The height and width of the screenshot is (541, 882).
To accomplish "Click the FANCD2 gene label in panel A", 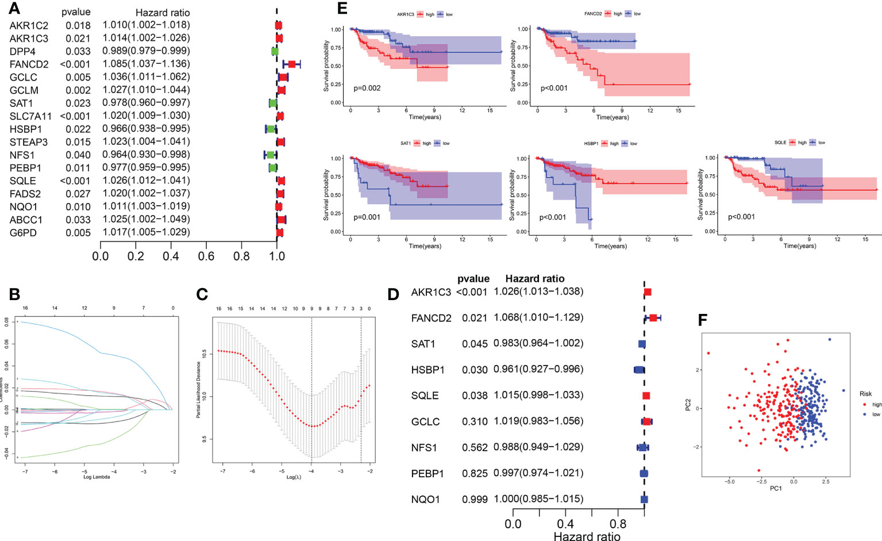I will pos(29,64).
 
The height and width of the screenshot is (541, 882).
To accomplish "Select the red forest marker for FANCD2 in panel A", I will pos(292,64).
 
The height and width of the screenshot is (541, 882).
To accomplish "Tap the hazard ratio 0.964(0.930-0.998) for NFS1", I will pos(146,154).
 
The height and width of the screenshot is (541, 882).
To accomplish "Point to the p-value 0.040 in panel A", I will pos(78,155).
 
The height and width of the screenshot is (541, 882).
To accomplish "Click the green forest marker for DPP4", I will pos(275,51).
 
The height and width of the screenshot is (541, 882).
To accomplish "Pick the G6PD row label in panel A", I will pos(23,233).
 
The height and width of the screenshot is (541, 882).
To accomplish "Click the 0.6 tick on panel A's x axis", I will pos(206,256).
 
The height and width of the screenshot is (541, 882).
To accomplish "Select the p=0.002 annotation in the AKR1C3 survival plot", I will pos(367,88).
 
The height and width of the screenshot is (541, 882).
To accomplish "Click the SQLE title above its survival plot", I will pos(780,143).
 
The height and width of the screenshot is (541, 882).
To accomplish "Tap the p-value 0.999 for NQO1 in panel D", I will pos(475,499).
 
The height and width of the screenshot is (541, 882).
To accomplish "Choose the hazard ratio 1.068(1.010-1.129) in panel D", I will pos(538,317).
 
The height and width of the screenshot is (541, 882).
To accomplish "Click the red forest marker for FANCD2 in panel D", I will pos(653,317).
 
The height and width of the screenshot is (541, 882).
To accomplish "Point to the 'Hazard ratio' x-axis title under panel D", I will pos(587,536).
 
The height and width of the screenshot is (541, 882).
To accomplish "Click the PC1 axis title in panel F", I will pos(776,488).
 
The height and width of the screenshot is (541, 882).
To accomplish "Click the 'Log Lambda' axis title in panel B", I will pos(97,477).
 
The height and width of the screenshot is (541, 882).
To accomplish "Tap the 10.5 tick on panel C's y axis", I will pos(205,352).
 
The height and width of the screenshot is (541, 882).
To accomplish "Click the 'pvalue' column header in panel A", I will pos(76,12).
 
